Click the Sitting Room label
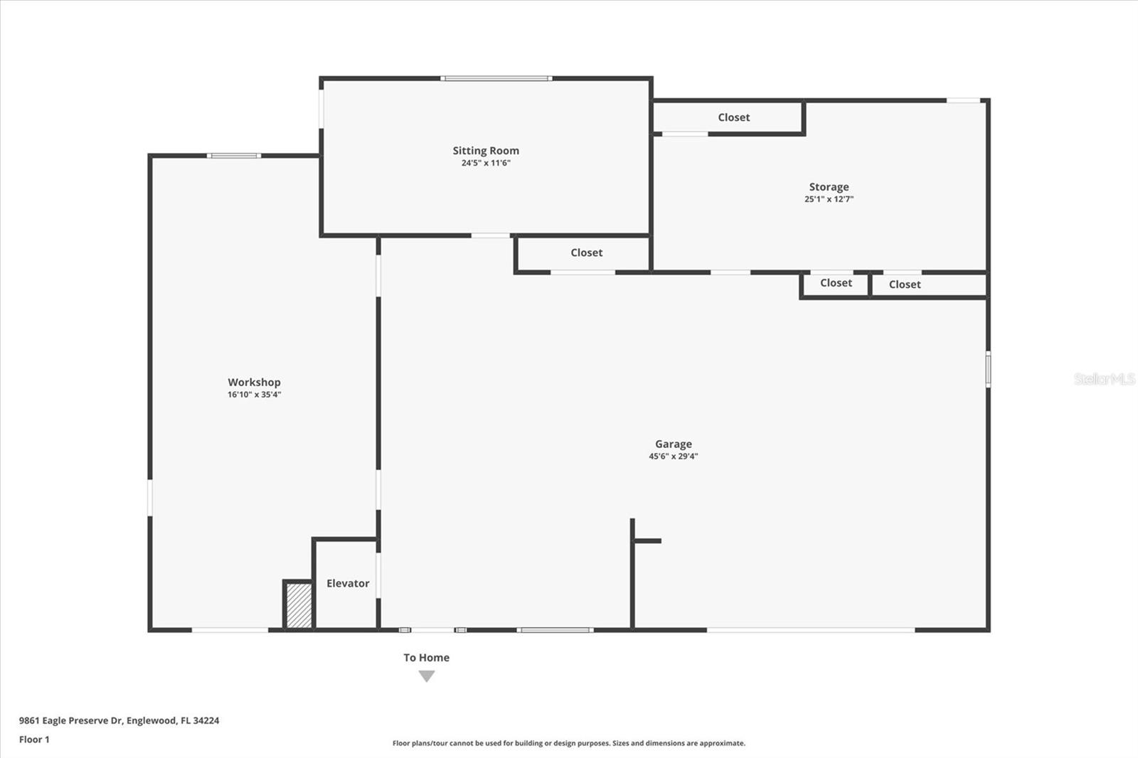tap(486, 151)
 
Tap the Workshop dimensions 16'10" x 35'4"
tap(254, 395)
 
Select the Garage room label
tap(673, 444)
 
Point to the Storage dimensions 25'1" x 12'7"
tap(829, 199)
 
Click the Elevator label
tap(348, 583)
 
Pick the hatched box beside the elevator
tap(299, 606)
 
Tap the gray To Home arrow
tap(426, 676)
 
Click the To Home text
tap(426, 658)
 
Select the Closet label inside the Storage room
tap(733, 117)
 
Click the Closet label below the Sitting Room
tap(586, 252)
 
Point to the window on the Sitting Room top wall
tap(496, 78)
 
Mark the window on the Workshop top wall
tap(233, 155)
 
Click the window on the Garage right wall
tap(988, 369)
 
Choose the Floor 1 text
tap(34, 740)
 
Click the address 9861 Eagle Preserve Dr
tap(119, 720)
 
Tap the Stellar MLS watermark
tap(1104, 379)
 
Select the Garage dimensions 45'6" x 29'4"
tap(673, 457)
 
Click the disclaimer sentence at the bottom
tap(568, 743)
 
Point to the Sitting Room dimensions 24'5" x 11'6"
tap(486, 163)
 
